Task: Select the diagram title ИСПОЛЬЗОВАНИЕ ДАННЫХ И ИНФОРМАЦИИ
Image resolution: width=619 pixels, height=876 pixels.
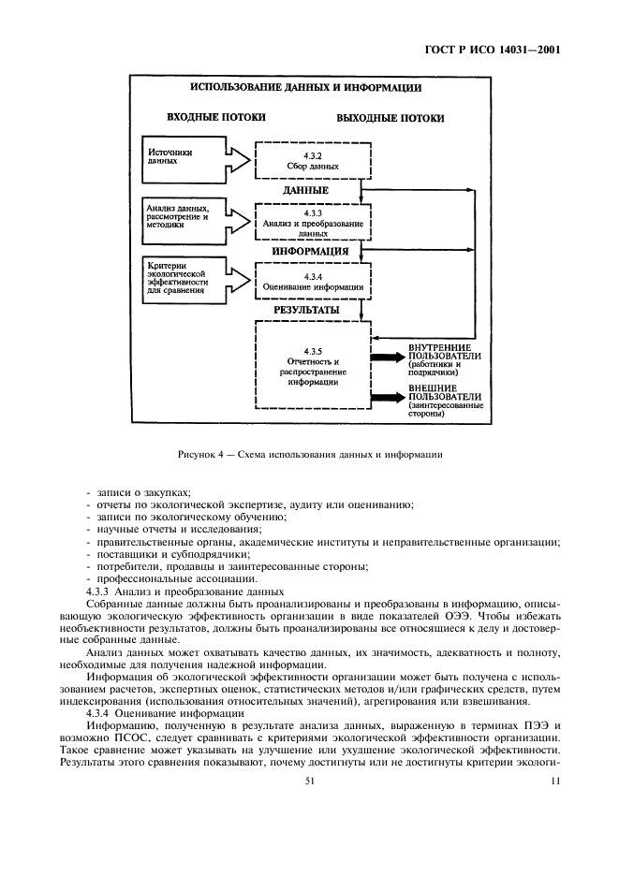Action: click(305, 88)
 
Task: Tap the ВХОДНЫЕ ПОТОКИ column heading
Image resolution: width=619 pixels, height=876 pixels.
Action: click(215, 118)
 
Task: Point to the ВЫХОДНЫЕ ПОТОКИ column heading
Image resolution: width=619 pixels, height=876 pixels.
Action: click(391, 119)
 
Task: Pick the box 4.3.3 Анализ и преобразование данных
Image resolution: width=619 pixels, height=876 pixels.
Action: click(312, 223)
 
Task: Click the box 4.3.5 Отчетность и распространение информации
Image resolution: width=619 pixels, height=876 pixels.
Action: click(312, 363)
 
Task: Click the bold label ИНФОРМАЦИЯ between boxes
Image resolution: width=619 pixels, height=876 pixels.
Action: click(311, 252)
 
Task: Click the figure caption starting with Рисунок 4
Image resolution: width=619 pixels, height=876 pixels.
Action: click(309, 455)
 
